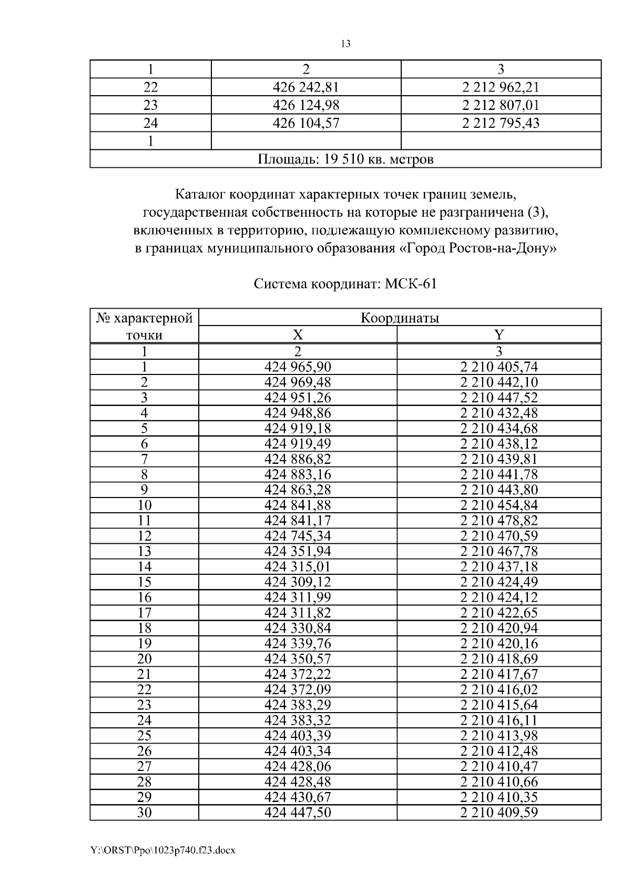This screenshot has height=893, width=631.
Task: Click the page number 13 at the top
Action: pyautogui.click(x=345, y=44)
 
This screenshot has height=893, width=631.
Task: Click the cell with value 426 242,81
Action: pyautogui.click(x=306, y=87)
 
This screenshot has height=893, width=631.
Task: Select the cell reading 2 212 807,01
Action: pyautogui.click(x=501, y=105)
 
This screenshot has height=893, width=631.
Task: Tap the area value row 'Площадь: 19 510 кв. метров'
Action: pyautogui.click(x=345, y=159)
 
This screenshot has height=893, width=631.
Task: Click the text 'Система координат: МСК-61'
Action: pyautogui.click(x=345, y=284)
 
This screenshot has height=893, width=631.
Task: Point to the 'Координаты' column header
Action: pyautogui.click(x=400, y=318)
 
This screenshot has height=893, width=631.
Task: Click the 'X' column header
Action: pyautogui.click(x=298, y=335)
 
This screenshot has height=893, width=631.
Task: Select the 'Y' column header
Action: pyautogui.click(x=499, y=335)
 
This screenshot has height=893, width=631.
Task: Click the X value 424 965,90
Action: pyautogui.click(x=298, y=367)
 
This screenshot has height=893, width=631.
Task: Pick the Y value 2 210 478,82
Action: pyautogui.click(x=499, y=521)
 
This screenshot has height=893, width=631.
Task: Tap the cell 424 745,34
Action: pyautogui.click(x=298, y=536)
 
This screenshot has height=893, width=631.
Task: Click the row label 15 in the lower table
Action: pyautogui.click(x=144, y=582)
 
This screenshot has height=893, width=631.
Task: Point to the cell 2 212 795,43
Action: pyautogui.click(x=501, y=124)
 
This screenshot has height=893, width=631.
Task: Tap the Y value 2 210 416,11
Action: pyautogui.click(x=499, y=720)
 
